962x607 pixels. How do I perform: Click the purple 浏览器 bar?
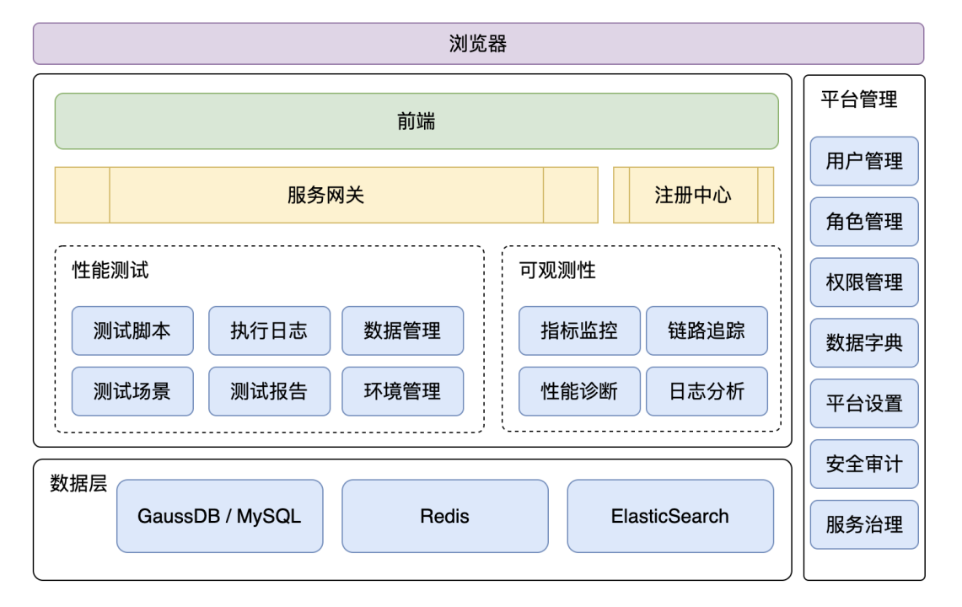pyautogui.click(x=478, y=44)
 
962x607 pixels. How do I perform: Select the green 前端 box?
pyautogui.click(x=417, y=121)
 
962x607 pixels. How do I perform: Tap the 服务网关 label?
pyautogui.click(x=325, y=196)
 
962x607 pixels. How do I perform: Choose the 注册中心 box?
pyautogui.click(x=693, y=196)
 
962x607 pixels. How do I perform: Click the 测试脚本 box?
pyautogui.click(x=132, y=330)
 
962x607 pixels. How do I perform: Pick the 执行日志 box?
pyautogui.click(x=269, y=330)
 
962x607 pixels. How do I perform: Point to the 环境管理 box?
pyautogui.click(x=402, y=391)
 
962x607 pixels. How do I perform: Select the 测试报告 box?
pyautogui.click(x=269, y=391)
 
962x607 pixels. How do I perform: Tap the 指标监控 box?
pyautogui.click(x=579, y=330)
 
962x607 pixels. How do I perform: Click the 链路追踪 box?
pyautogui.click(x=707, y=330)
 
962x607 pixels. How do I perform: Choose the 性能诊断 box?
pyautogui.click(x=579, y=391)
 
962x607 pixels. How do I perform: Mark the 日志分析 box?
pyautogui.click(x=707, y=391)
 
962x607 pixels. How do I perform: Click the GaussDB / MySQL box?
pyautogui.click(x=220, y=516)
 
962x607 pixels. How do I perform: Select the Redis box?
pyautogui.click(x=445, y=516)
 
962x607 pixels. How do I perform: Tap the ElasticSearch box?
pyautogui.click(x=670, y=516)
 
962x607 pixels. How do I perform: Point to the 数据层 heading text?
pyautogui.click(x=78, y=484)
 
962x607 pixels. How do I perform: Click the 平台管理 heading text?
pyautogui.click(x=859, y=99)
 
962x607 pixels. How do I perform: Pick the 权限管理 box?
pyautogui.click(x=864, y=282)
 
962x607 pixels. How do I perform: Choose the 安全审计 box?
pyautogui.click(x=864, y=464)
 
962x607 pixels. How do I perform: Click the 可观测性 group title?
pyautogui.click(x=557, y=270)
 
